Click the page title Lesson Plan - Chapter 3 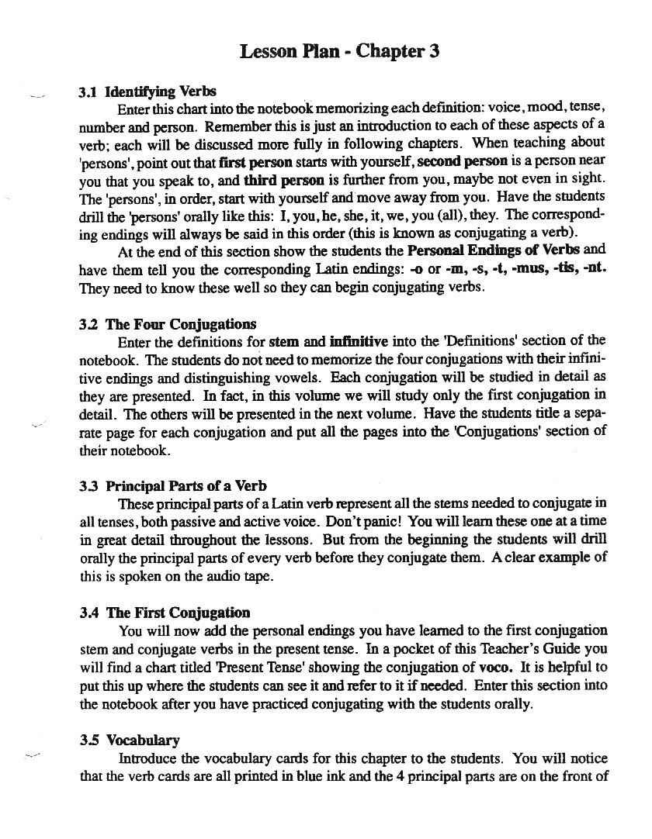[340, 52]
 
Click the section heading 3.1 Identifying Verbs [147, 91]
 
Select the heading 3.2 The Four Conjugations [168, 324]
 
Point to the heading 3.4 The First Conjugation [165, 613]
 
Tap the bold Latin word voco [495, 666]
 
